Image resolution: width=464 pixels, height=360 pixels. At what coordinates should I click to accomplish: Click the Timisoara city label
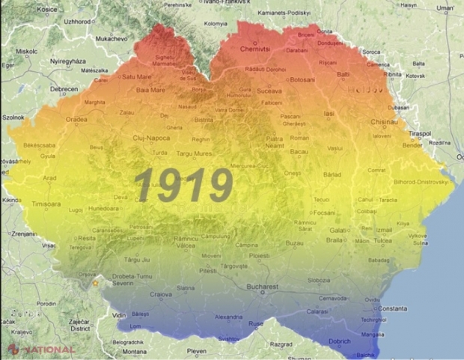tap(46, 204)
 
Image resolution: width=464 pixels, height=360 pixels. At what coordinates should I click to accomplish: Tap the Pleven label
tap(196, 350)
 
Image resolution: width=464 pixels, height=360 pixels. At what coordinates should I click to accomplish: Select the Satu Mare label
tap(137, 76)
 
